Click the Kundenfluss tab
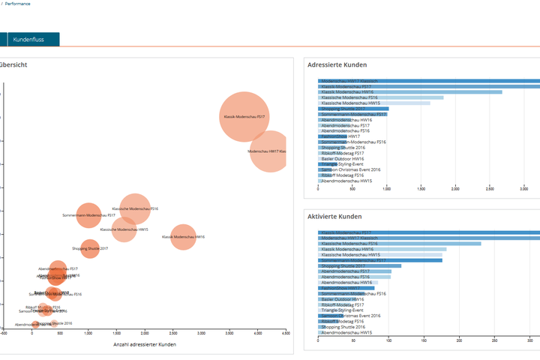tap(32, 39)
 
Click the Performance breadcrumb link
tap(18, 4)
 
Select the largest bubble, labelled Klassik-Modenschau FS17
tap(244, 117)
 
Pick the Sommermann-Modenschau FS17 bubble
tap(88, 215)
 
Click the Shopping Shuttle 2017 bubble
tap(90, 248)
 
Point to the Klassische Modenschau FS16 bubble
tap(135, 209)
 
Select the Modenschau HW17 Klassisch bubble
tap(268, 151)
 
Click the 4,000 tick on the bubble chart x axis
tap(257, 332)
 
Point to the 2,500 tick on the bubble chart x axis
tap(173, 332)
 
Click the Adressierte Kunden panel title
tap(338, 65)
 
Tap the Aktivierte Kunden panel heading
tap(334, 217)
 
